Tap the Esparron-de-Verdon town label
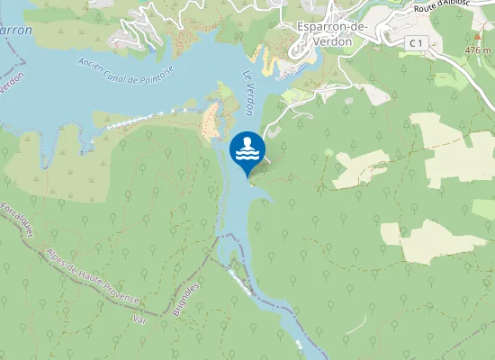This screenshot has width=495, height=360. (x=330, y=33)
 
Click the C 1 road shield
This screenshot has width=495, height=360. (x=415, y=42)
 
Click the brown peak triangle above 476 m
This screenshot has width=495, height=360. (x=478, y=37)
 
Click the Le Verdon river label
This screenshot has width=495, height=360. (x=253, y=90)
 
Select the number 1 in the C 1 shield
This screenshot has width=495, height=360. (x=419, y=42)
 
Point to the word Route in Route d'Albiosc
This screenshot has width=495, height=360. (x=428, y=8)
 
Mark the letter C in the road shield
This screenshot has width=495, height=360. (x=410, y=42)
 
